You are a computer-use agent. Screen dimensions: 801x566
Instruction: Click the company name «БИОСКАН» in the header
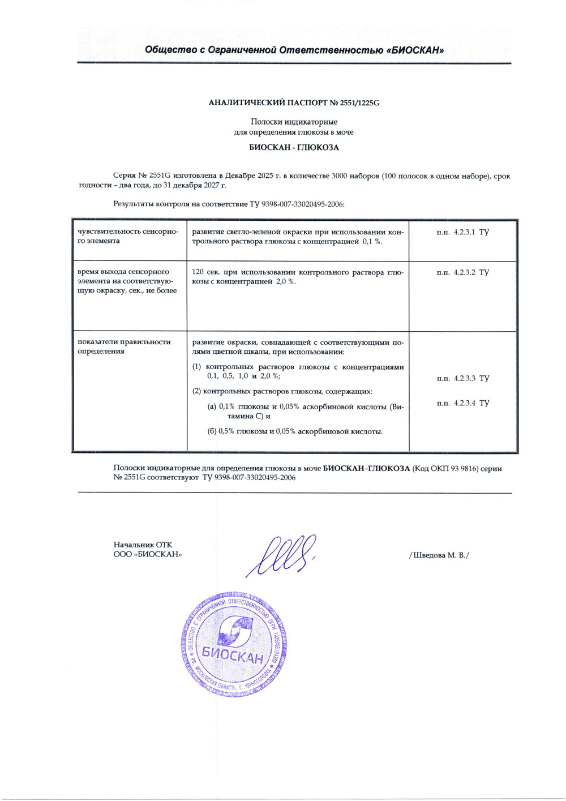pos(415,50)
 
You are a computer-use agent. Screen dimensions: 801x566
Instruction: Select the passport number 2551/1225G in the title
pos(355,103)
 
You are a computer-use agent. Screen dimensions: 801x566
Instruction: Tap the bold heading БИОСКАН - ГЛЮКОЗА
pos(294,148)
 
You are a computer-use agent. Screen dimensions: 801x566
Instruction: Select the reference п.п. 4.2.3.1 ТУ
pos(462,232)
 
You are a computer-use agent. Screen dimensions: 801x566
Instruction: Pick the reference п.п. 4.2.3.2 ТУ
pos(462,272)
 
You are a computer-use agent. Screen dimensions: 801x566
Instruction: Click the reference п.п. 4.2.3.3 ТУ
pos(462,378)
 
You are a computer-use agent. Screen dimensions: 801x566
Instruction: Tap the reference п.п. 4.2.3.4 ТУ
pos(462,403)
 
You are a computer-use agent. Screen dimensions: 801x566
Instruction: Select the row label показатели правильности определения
pos(124,346)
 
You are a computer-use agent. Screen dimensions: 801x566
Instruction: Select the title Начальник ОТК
pos(143,545)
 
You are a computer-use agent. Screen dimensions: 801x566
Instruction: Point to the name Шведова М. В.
pos(439,555)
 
